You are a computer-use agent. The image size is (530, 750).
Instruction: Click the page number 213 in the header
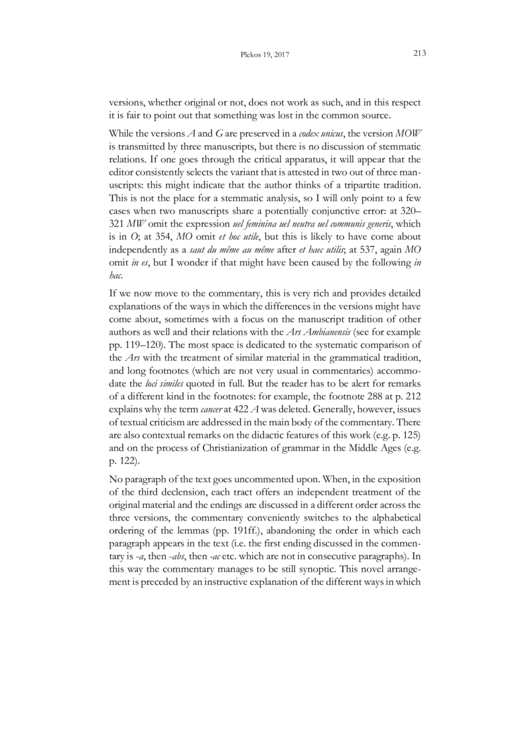[x=418, y=54]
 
